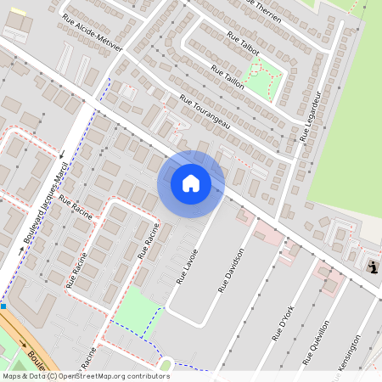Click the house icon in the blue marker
click(x=191, y=183)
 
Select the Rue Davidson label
click(x=231, y=270)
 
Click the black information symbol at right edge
click(x=374, y=268)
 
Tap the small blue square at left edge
click(x=3, y=306)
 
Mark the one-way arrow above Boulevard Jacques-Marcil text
click(x=62, y=154)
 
